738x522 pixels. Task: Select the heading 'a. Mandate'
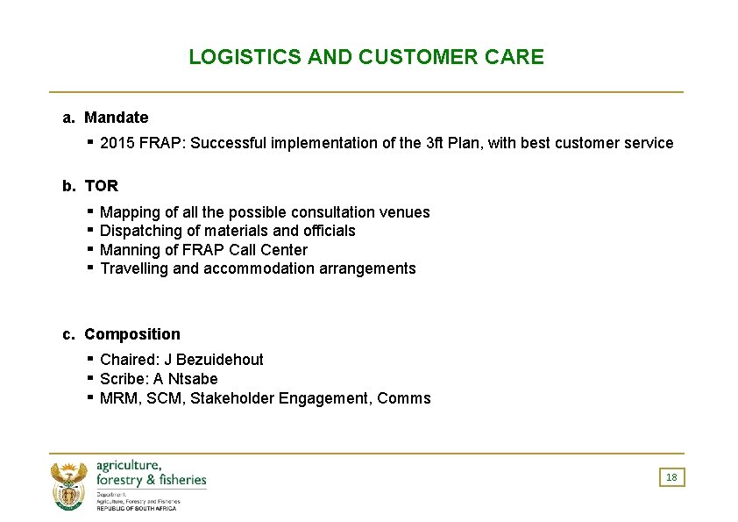(x=105, y=118)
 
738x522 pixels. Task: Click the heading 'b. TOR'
(x=90, y=186)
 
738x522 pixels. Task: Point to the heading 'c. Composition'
(x=121, y=334)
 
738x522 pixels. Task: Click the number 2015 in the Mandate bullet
(x=118, y=143)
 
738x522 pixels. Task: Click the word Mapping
(x=130, y=212)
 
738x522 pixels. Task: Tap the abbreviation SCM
(x=160, y=398)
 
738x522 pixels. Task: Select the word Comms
(x=404, y=398)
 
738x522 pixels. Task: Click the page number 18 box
(x=671, y=477)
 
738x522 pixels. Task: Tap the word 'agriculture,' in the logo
(x=128, y=465)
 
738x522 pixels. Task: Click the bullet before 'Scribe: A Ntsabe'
(x=90, y=378)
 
